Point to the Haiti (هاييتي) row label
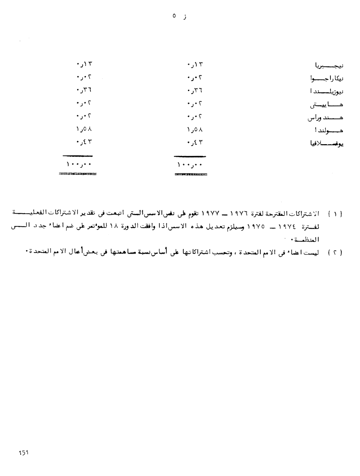point(327,105)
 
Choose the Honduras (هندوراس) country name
point(325,118)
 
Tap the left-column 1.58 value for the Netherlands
point(84,129)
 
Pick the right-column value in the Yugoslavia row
point(195,142)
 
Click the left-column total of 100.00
point(79,164)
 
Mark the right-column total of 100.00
point(190,165)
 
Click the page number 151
point(24,453)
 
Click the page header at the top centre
point(179,16)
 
